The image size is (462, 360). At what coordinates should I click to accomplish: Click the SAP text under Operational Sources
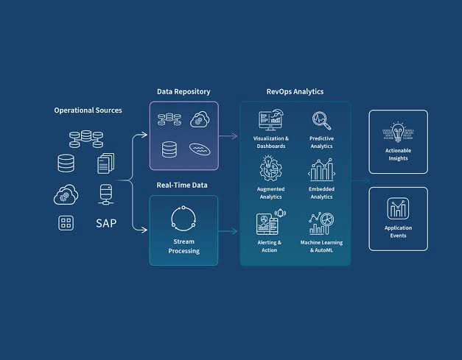106,223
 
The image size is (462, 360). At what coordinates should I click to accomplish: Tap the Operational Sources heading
88,110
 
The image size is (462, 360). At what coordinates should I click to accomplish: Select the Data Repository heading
183,92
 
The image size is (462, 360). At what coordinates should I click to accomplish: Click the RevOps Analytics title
295,91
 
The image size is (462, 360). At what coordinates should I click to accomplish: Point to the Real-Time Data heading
182,185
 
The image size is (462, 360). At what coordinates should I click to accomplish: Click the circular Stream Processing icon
183,219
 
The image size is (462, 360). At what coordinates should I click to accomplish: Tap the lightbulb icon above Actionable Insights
398,131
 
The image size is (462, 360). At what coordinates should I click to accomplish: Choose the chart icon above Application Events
398,208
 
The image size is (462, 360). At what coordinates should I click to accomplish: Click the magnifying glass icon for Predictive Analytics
321,121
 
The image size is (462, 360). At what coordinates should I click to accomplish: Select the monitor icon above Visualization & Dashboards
271,120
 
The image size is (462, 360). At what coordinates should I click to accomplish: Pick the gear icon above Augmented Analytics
270,169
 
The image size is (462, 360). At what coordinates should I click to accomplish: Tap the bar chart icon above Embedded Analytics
321,169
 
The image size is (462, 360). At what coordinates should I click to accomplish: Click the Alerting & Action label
269,247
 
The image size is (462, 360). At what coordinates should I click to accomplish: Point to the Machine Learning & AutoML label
321,247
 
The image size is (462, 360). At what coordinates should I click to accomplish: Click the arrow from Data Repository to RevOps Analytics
228,136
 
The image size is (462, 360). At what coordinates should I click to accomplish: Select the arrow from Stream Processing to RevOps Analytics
228,231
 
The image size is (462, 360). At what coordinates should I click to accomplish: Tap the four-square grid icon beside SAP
66,223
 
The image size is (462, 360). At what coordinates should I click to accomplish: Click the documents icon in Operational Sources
106,163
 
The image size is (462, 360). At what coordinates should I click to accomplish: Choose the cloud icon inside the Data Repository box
200,119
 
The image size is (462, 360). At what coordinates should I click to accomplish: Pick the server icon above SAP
106,194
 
